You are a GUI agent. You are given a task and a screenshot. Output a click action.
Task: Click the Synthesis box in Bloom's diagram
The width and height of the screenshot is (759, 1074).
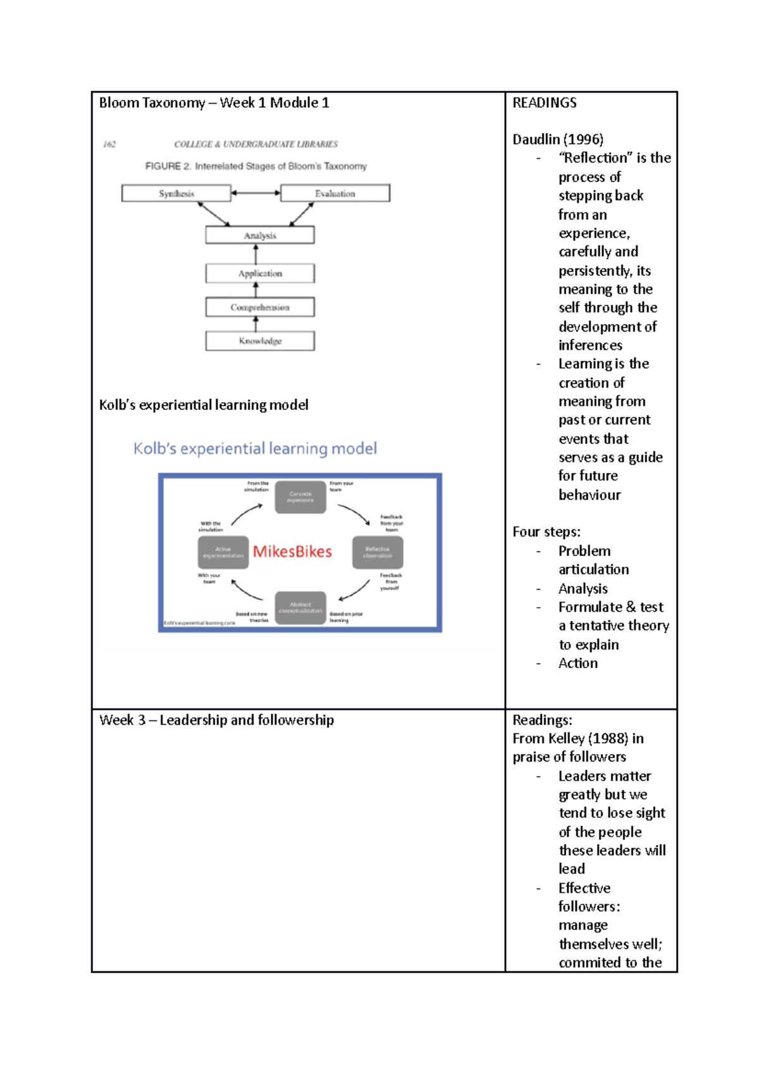(x=176, y=194)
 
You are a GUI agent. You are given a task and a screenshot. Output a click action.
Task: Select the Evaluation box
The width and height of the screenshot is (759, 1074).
(x=335, y=194)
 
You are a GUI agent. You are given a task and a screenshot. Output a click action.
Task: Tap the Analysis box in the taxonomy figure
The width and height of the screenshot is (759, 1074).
(x=260, y=235)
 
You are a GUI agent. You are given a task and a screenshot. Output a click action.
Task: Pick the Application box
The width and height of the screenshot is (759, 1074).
(x=260, y=273)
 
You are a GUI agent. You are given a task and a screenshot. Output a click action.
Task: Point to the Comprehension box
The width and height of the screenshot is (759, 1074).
(x=260, y=307)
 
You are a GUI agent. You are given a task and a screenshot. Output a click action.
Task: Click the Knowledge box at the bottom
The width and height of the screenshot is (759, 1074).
(x=260, y=341)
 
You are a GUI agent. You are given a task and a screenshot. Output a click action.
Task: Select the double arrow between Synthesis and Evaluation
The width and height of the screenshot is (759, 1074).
(x=256, y=193)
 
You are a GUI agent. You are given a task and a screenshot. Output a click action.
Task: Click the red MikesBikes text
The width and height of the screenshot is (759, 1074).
(x=292, y=552)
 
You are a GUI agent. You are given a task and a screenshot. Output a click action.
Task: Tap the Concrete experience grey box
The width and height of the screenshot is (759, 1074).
(x=300, y=497)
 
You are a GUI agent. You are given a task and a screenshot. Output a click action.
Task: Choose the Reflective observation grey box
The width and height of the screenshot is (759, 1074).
(x=378, y=552)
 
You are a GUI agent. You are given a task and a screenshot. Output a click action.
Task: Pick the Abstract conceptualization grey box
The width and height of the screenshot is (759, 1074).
(x=300, y=608)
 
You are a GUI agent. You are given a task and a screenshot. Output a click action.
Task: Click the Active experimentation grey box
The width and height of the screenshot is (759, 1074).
(x=223, y=552)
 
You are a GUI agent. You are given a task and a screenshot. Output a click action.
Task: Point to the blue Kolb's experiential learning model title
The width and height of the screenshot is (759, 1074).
(x=255, y=448)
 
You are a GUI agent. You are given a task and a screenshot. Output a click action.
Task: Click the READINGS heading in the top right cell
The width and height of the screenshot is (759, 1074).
(x=545, y=102)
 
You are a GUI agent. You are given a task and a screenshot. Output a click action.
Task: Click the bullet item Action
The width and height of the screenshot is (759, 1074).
(x=577, y=664)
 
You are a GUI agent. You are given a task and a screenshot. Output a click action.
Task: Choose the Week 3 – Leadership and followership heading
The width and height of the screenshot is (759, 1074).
(x=216, y=720)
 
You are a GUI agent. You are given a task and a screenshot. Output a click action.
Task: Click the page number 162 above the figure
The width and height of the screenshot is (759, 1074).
(x=109, y=144)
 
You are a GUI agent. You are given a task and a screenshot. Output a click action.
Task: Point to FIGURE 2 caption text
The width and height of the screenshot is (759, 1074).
(x=256, y=166)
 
